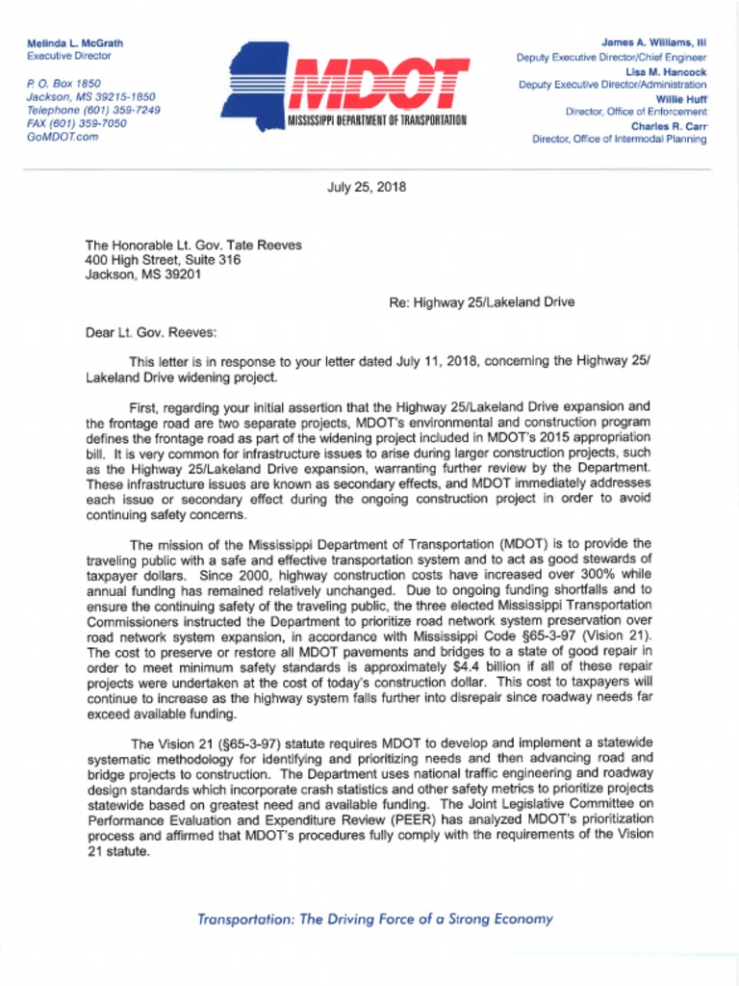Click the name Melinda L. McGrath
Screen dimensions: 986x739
(75, 43)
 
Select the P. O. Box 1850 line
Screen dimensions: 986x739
(64, 84)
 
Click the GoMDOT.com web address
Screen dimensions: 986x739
(63, 138)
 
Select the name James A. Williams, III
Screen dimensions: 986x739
(653, 43)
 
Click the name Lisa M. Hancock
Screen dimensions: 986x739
(666, 71)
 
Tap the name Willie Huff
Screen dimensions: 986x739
(681, 98)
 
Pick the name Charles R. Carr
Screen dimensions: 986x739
(669, 125)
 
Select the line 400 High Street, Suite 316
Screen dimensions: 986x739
(163, 260)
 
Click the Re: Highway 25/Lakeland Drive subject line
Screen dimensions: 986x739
(481, 302)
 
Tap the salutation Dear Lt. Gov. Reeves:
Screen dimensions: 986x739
(151, 333)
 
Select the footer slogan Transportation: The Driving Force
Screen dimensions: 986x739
(375, 919)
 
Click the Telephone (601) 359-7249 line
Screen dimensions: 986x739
(93, 111)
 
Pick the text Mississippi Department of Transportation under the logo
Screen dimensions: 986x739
(376, 120)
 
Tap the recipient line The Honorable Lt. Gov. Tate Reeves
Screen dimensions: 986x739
(193, 246)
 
